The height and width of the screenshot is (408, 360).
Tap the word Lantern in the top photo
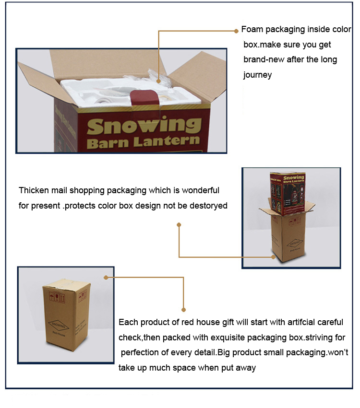click(171, 141)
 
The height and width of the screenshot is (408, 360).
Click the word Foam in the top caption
click(251, 29)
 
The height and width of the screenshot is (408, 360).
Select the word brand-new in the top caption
click(264, 60)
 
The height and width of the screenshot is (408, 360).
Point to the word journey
click(257, 75)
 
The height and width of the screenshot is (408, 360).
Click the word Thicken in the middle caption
click(34, 190)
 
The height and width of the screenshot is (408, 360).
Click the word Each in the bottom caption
click(128, 322)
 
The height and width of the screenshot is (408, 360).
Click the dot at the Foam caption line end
click(236, 31)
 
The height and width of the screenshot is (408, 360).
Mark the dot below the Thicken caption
click(179, 224)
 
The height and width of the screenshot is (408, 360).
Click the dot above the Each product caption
click(183, 310)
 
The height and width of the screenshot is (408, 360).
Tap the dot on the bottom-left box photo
click(106, 277)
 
